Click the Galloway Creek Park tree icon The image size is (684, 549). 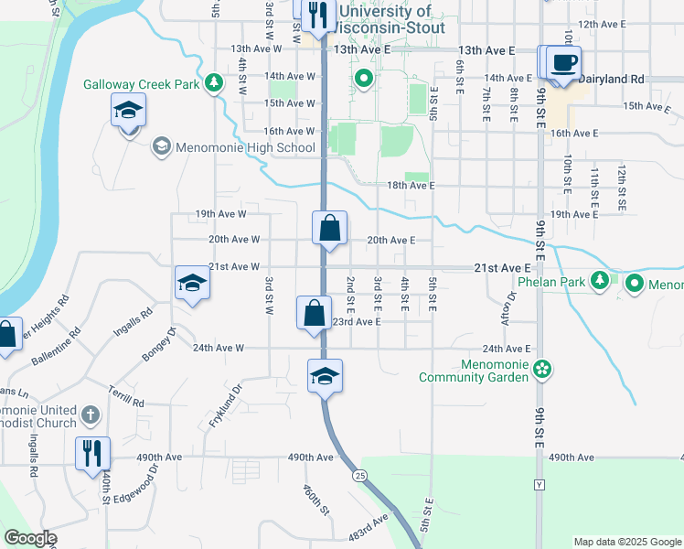pos(214,83)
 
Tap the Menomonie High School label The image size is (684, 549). pos(246,147)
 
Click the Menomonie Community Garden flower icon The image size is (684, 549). pos(543,369)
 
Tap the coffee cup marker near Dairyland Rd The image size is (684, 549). pos(564,63)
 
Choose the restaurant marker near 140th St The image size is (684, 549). pos(92,452)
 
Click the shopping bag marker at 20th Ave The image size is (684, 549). pos(329,228)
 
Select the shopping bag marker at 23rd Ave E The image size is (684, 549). pos(314,313)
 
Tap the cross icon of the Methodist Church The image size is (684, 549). pos(90,414)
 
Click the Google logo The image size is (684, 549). pos(30,538)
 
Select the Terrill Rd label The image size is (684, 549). pos(126,396)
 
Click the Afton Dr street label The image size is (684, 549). pos(508,310)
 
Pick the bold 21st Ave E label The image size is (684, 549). pos(502,267)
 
